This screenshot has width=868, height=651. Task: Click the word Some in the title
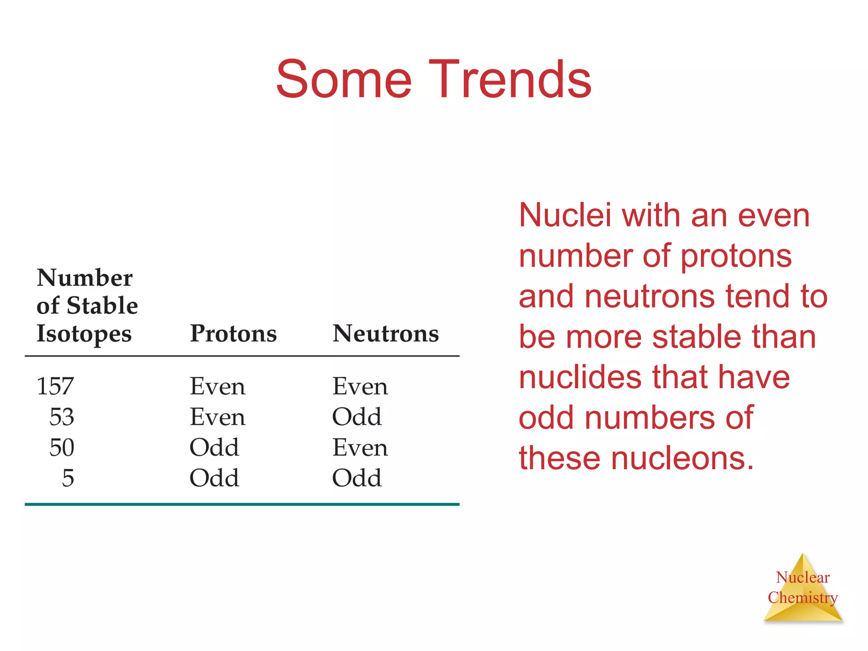(x=344, y=80)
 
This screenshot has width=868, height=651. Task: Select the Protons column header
(x=233, y=334)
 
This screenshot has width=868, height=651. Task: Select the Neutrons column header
(x=385, y=334)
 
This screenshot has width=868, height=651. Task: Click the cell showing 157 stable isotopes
(x=56, y=386)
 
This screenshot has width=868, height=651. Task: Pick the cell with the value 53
(x=62, y=417)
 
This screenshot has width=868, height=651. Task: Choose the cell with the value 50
(x=62, y=448)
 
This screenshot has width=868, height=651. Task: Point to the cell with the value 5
(x=68, y=478)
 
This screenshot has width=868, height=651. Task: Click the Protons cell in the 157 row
(x=217, y=387)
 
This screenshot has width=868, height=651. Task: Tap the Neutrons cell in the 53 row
(x=356, y=417)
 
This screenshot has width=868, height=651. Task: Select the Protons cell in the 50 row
(x=214, y=448)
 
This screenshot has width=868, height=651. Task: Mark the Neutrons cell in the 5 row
(x=356, y=478)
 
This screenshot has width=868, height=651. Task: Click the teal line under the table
(x=242, y=504)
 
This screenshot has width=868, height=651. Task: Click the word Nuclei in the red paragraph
(x=565, y=215)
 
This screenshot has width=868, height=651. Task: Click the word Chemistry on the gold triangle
(x=802, y=598)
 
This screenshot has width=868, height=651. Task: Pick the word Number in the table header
(x=85, y=278)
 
